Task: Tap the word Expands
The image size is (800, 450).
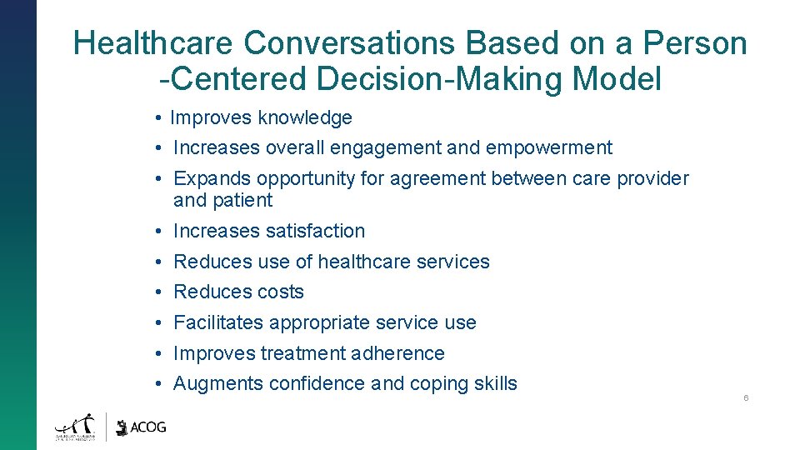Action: [212, 178]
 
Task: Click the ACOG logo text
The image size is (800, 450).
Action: [148, 427]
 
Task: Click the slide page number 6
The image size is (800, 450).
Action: [746, 398]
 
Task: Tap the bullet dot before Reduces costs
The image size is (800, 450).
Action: [157, 292]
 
